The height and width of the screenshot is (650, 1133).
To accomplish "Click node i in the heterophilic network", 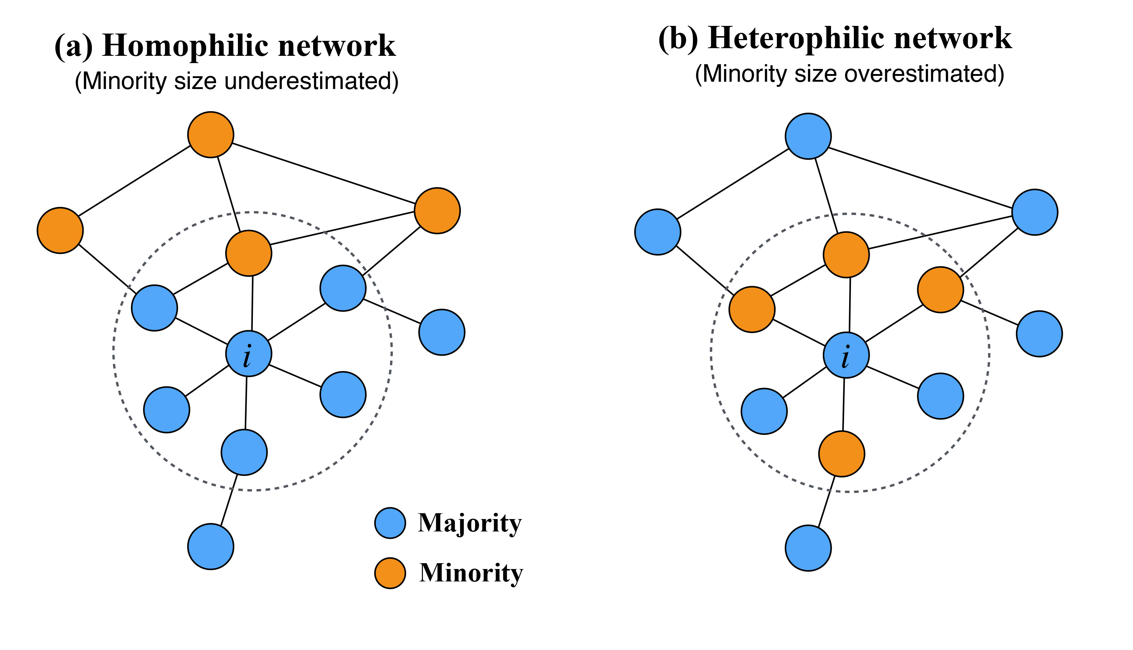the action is click(x=846, y=355).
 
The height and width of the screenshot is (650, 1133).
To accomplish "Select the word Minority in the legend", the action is click(x=471, y=573).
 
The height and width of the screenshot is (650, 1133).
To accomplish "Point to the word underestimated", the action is click(x=311, y=82).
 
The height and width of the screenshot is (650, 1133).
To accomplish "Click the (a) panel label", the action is click(x=74, y=46).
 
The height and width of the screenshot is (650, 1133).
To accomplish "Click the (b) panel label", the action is click(x=678, y=39).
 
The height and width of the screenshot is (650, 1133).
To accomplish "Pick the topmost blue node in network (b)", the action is click(x=808, y=136).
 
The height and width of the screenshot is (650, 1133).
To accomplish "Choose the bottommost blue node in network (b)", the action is click(x=808, y=548).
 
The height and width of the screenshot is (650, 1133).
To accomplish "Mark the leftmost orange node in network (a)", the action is click(x=60, y=231).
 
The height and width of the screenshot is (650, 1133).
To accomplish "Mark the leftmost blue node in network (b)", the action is click(x=658, y=232).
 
